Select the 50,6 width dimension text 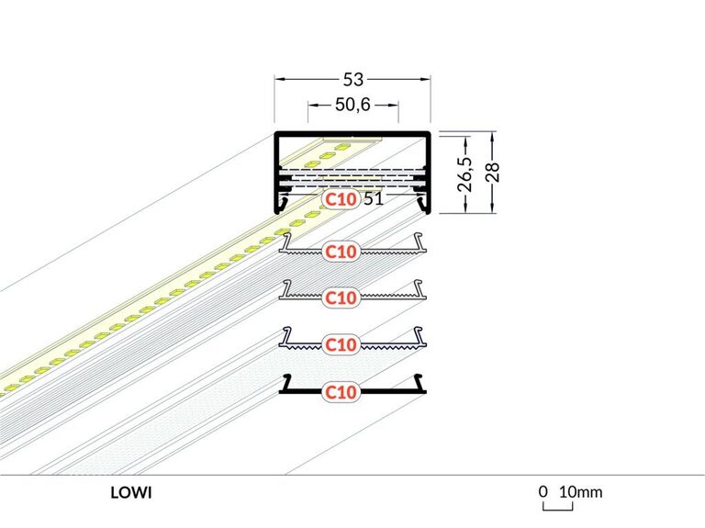[352, 106]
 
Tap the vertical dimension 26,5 [466, 173]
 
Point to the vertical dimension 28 [493, 173]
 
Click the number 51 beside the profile [373, 197]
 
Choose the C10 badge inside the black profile [341, 197]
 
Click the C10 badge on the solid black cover [341, 392]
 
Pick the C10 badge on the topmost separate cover [341, 250]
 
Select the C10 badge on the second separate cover [341, 298]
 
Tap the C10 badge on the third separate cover [341, 344]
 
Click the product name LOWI [131, 492]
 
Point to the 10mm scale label [581, 492]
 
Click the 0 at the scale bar [543, 492]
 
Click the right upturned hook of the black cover [421, 381]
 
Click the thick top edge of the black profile [352, 135]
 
